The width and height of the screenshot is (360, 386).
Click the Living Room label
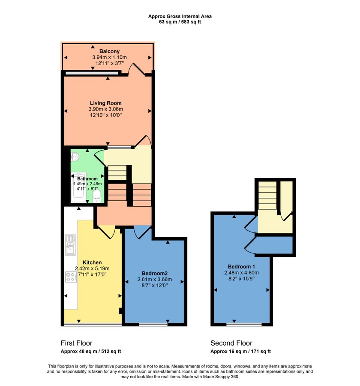(105, 103)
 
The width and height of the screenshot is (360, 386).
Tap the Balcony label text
(109, 51)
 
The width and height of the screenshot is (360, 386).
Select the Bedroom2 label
(154, 273)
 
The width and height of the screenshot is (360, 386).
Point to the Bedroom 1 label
(241, 266)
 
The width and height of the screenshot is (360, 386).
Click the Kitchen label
(92, 262)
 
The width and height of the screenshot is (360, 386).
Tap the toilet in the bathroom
(97, 196)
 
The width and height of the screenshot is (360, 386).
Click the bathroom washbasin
(75, 157)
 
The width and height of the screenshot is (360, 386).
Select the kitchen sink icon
(70, 244)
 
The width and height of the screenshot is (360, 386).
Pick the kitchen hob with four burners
(70, 277)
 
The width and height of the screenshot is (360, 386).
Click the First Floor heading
(76, 343)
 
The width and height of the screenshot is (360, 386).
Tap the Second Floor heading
(231, 343)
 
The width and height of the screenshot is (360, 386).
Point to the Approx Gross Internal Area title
(180, 16)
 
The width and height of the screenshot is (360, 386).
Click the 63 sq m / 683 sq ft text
(180, 21)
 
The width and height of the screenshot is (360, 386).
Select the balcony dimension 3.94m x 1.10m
(109, 57)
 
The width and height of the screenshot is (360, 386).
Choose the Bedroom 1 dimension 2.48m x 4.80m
(241, 272)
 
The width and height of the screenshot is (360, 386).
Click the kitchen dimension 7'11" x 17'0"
(92, 275)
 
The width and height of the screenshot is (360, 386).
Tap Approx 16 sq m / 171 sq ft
(240, 351)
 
